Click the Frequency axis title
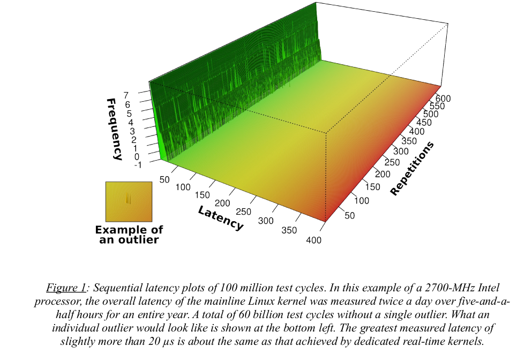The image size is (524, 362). coord(114,129)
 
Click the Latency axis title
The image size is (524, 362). coord(221,218)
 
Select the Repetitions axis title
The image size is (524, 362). coord(412,168)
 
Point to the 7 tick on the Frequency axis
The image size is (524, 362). coord(126,95)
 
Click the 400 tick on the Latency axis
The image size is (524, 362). coord(313,240)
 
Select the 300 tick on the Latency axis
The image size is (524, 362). coord(266,221)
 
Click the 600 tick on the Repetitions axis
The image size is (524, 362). coord(443,99)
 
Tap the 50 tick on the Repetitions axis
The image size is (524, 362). coord(350,215)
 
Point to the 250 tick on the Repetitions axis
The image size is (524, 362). coord(392,162)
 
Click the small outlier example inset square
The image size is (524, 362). coord(129,201)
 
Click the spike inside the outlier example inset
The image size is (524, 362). coord(128,199)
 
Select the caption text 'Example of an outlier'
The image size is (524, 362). coord(129,235)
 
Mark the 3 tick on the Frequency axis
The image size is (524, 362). coord(132,130)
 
